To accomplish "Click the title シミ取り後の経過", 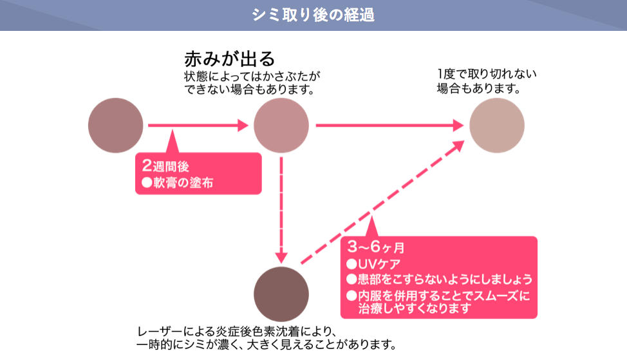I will pos(313,15).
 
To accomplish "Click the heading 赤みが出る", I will pos(229,59).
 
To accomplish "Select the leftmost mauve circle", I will pos(115,125).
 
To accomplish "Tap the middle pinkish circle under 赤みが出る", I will pos(281,126).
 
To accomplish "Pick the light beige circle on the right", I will pos(496,126).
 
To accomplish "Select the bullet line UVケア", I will pos(373,264).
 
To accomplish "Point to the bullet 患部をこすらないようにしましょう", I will pos(439,280).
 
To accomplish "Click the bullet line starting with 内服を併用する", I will pos(438,296).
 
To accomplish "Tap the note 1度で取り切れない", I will pos(487,74).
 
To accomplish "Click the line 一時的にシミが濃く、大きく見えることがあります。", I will pos(266,345).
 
